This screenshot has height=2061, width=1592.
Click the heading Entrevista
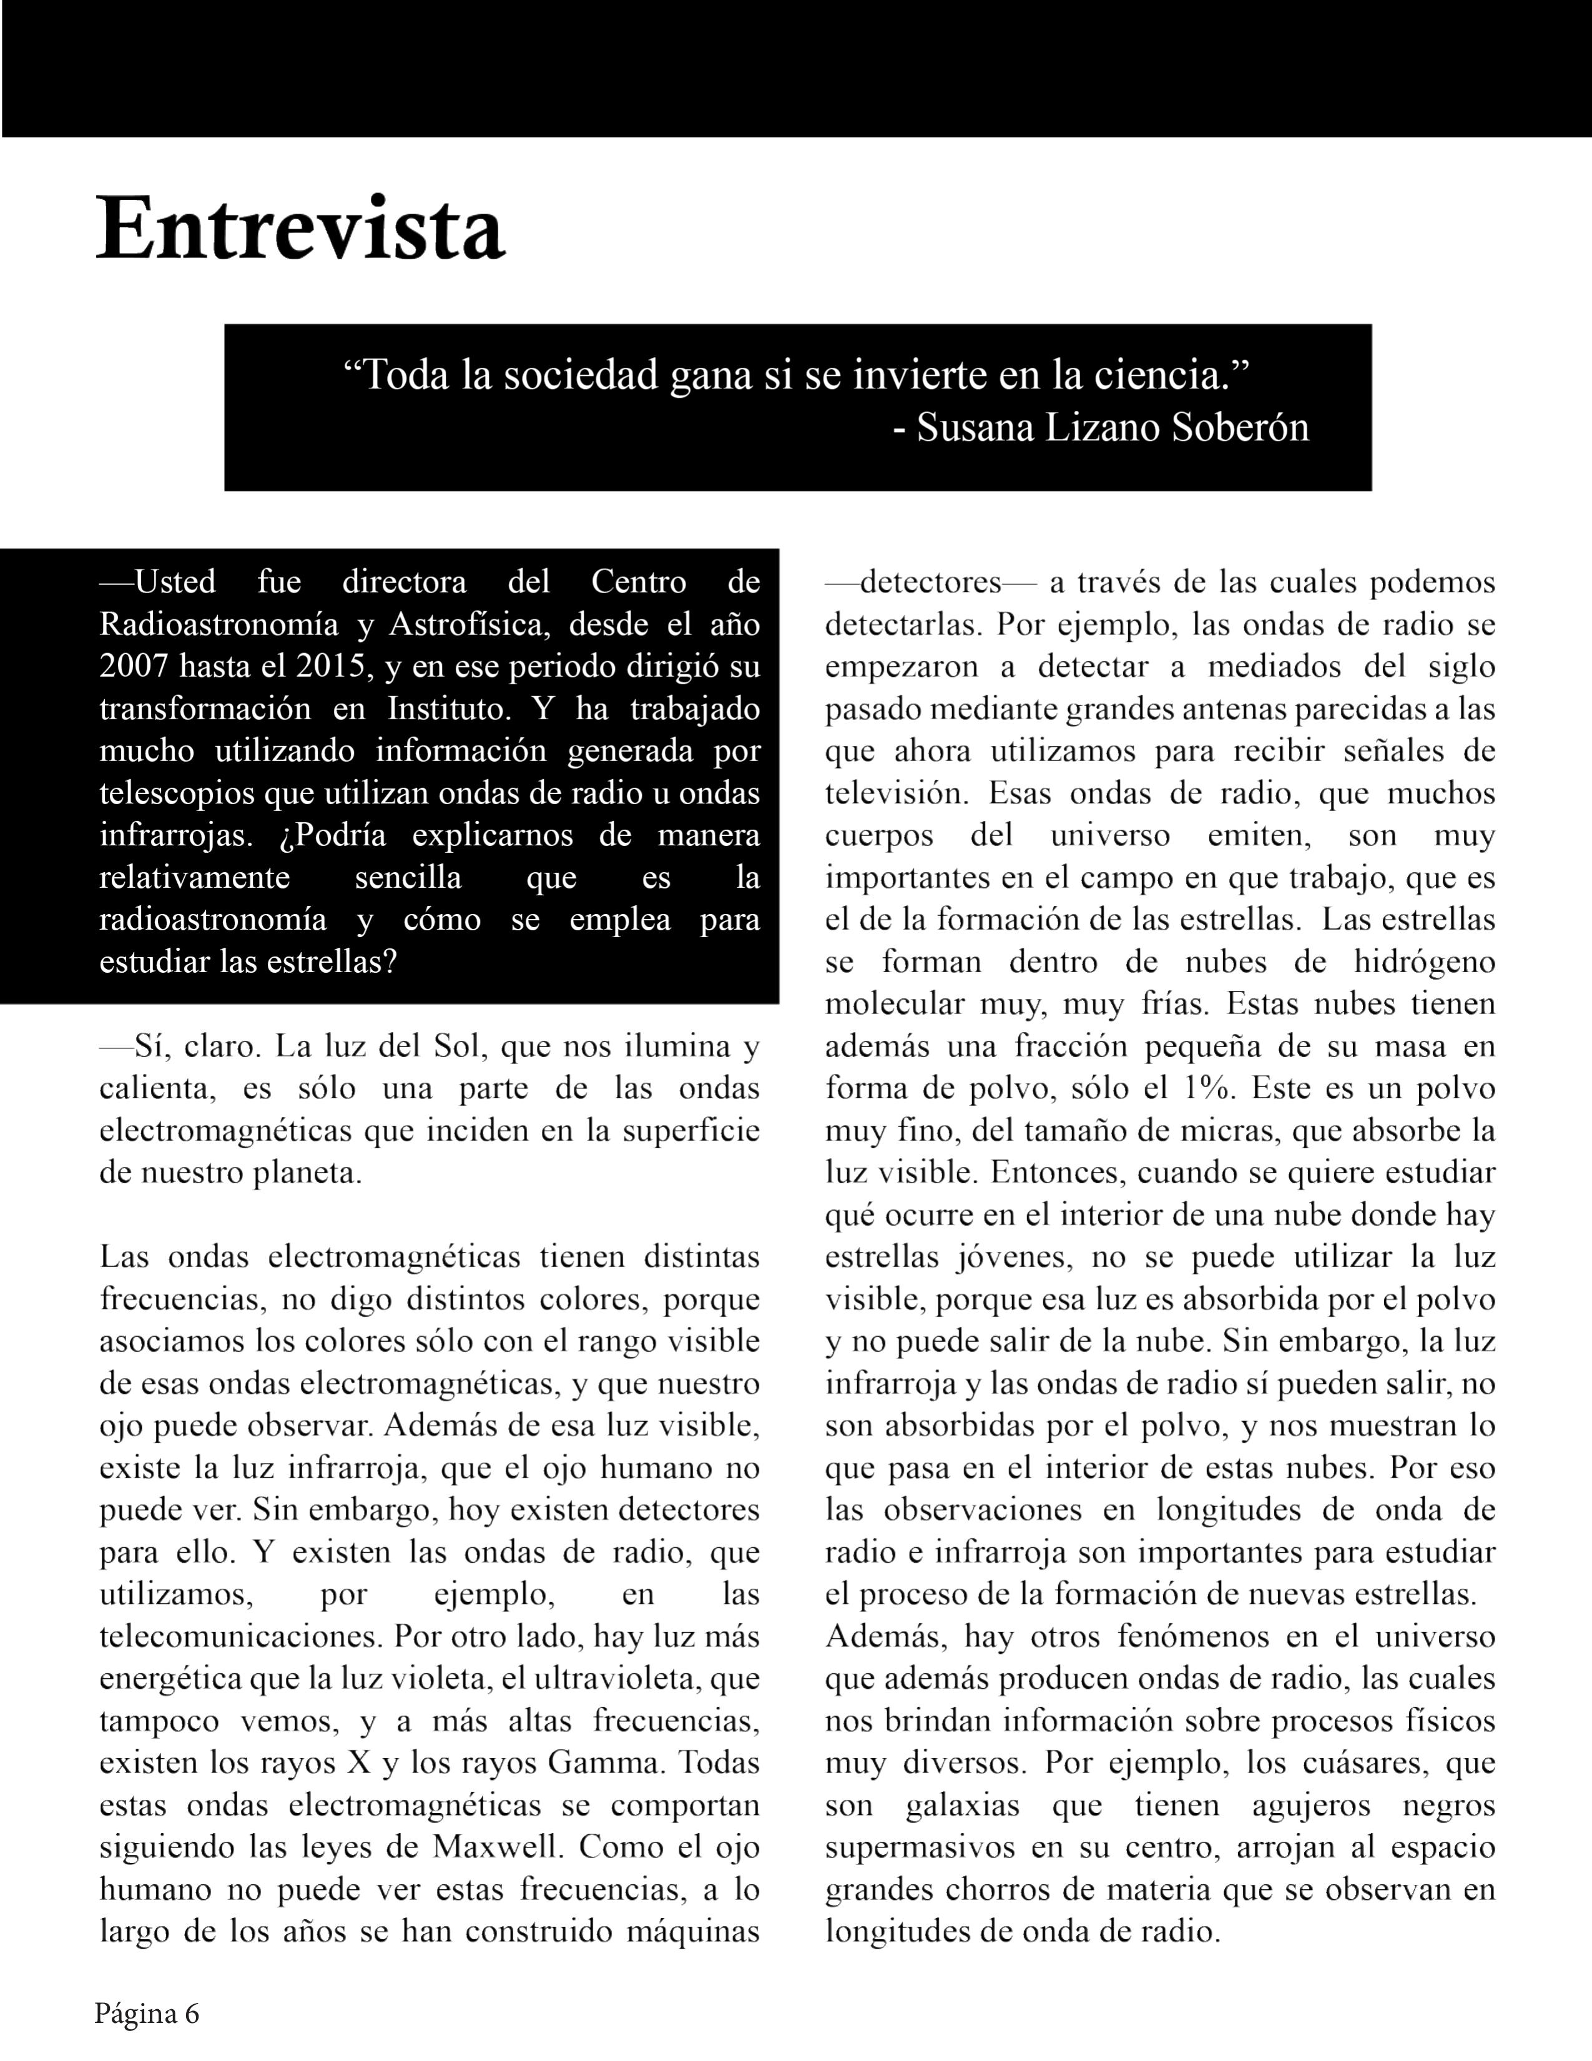pyautogui.click(x=301, y=229)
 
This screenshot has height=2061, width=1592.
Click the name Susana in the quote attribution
pyautogui.click(x=976, y=428)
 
